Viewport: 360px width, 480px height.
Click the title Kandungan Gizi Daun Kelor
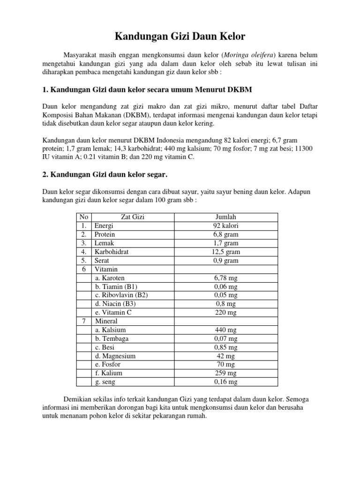coord(180,36)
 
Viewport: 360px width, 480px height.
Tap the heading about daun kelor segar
coord(105,174)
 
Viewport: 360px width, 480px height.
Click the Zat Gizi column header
coord(134,217)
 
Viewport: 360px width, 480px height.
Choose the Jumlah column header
coord(225,217)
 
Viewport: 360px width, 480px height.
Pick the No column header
coord(84,217)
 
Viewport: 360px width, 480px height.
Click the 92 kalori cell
coord(225,225)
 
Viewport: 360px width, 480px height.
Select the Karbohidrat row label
coord(112,252)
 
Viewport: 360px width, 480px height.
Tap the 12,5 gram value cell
coord(225,252)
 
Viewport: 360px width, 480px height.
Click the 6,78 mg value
coord(225,278)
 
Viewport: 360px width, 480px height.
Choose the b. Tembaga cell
coord(112,338)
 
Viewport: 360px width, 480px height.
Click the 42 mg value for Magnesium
coord(225,356)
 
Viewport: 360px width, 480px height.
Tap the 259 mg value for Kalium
coord(225,373)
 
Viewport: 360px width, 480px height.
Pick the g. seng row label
coord(106,382)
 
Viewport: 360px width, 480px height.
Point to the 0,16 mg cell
coord(225,382)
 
